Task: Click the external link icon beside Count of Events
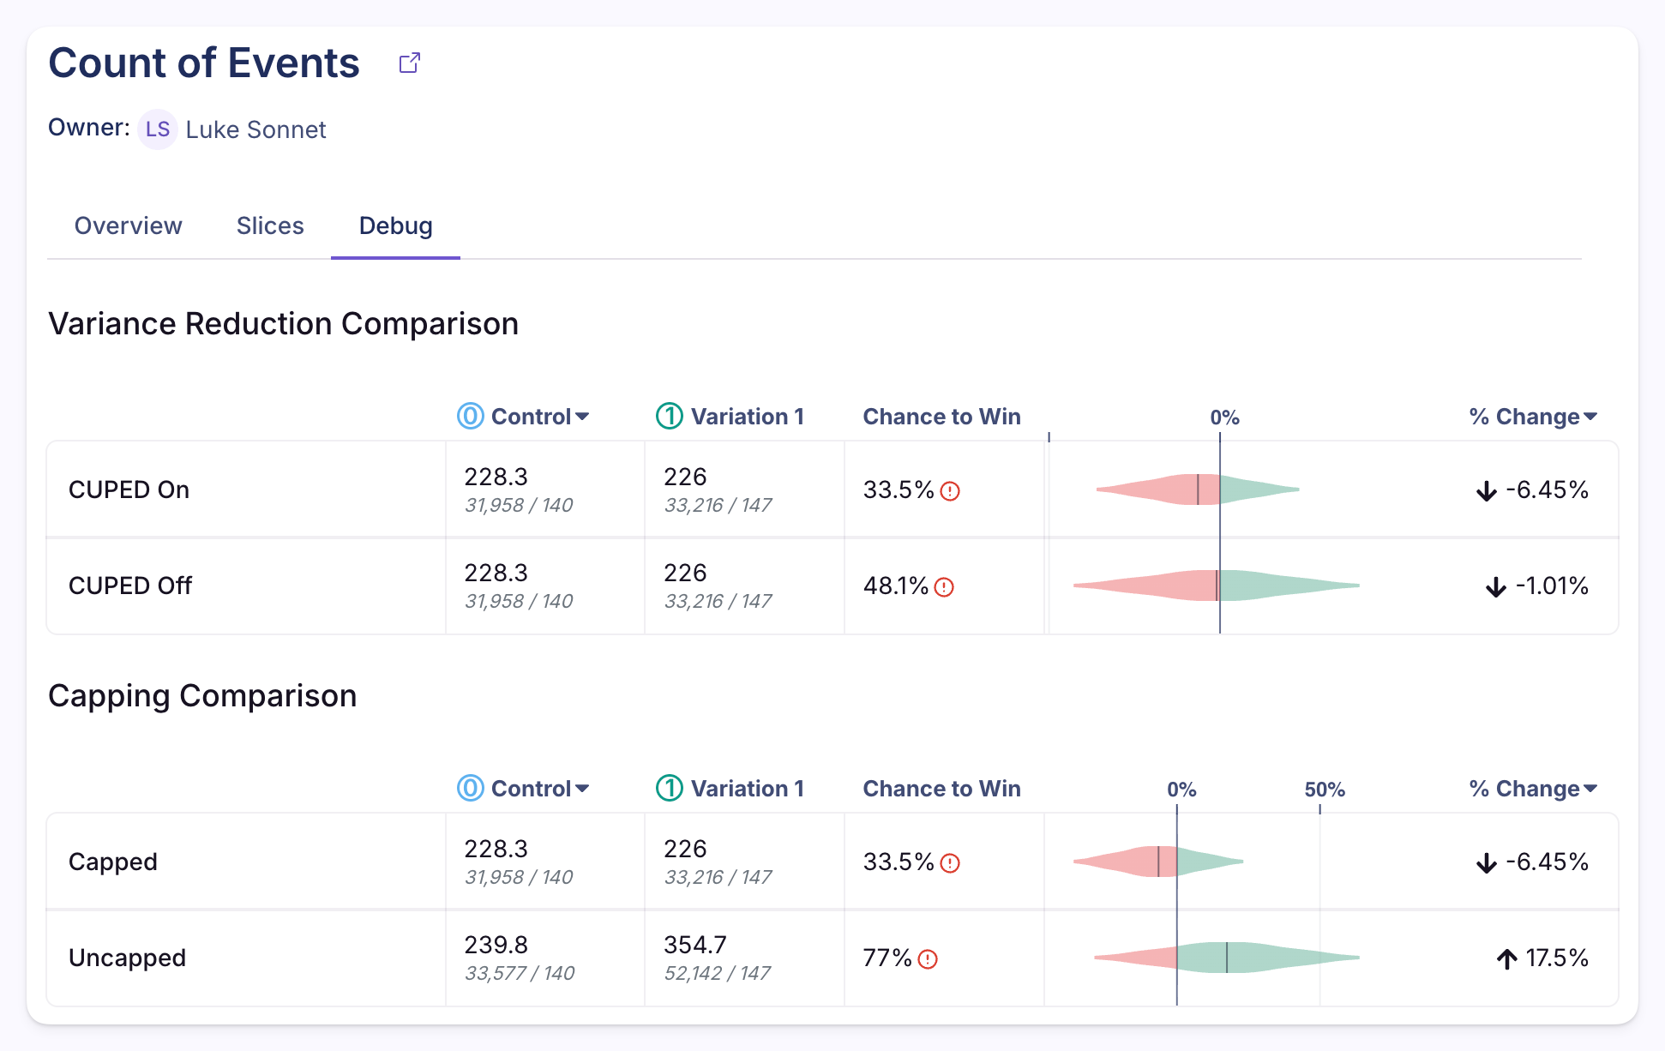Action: (x=410, y=63)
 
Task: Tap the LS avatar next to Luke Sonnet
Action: (x=157, y=129)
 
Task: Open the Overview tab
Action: (x=128, y=225)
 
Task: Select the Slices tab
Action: (x=270, y=225)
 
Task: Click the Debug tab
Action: (x=395, y=225)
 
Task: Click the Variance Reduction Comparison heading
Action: (x=283, y=324)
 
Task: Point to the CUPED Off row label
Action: (x=130, y=586)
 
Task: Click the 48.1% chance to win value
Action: (x=895, y=586)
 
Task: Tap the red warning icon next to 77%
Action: (x=928, y=959)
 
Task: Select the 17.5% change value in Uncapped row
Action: (x=1555, y=958)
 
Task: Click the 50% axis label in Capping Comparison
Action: (x=1324, y=790)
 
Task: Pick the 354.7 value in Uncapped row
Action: (x=694, y=945)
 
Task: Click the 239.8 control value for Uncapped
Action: (x=496, y=945)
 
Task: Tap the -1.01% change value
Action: (x=1551, y=586)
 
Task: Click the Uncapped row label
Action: (x=127, y=958)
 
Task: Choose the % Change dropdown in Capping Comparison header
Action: (x=1532, y=789)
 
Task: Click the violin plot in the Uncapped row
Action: (x=1226, y=958)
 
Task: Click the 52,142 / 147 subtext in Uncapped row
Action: (x=717, y=973)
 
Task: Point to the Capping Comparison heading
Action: (x=202, y=696)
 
